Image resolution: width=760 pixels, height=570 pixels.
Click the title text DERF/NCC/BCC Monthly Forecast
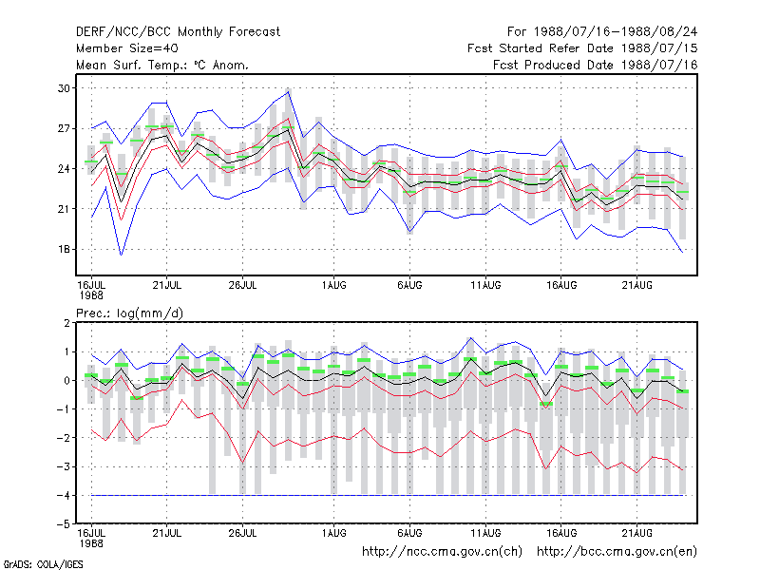coord(178,32)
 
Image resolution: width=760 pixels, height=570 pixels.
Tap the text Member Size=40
coord(127,48)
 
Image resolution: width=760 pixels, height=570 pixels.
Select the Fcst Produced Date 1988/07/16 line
coord(596,65)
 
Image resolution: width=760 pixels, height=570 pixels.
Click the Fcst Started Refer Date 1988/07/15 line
coord(582,48)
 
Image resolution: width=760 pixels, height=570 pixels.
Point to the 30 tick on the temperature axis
coord(64,88)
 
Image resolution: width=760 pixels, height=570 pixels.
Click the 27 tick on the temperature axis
coord(64,128)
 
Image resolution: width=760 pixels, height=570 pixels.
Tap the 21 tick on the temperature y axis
coord(64,209)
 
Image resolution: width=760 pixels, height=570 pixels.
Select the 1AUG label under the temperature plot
coord(334,285)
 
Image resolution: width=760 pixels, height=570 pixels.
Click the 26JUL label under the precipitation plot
coord(242,533)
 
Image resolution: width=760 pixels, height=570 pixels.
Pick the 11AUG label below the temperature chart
coord(485,285)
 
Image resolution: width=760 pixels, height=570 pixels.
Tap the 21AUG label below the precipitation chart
coord(636,533)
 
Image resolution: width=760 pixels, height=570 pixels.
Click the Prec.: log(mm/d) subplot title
coord(129,313)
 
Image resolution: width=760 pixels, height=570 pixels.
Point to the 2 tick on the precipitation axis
coord(66,323)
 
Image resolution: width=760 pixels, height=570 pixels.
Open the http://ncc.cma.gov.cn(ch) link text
coord(442,552)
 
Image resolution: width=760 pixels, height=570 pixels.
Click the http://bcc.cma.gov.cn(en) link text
coord(617,552)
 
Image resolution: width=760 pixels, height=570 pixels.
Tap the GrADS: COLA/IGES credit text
coord(43,564)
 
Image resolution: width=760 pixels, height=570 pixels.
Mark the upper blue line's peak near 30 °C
coord(289,91)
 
